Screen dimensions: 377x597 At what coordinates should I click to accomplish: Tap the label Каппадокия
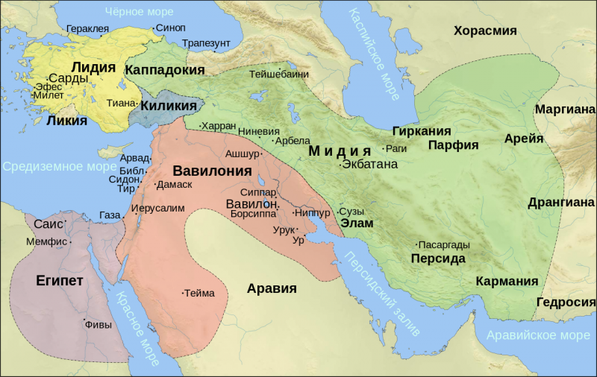(165, 69)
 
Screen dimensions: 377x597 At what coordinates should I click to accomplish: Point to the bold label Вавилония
(211, 171)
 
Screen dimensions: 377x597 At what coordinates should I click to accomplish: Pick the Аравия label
(272, 288)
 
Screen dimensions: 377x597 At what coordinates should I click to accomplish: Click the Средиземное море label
(58, 166)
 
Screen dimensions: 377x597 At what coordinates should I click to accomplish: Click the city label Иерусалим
(157, 208)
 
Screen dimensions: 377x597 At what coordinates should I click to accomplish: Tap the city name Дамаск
(175, 184)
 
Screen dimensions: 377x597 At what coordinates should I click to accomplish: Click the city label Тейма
(199, 293)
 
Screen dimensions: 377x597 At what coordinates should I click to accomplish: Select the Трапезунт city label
(206, 43)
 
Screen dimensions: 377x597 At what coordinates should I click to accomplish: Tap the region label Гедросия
(565, 302)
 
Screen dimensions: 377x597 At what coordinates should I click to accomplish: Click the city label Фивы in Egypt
(99, 324)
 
